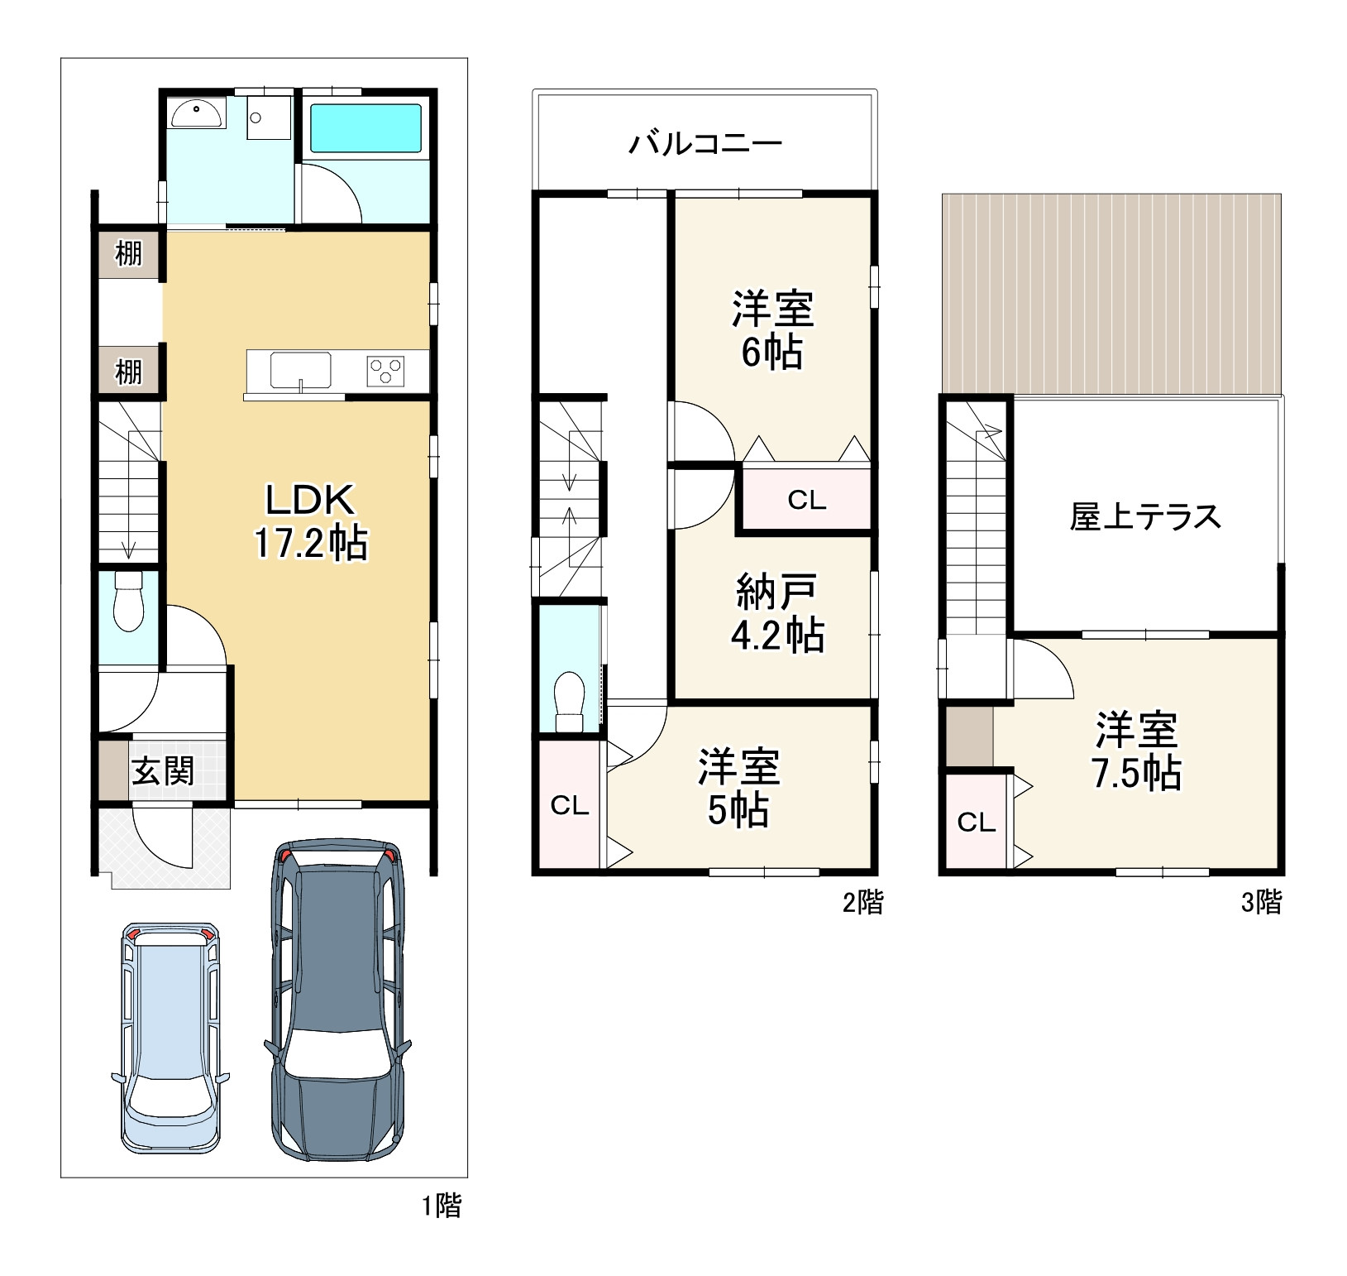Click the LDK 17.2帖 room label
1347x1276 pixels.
coord(310,522)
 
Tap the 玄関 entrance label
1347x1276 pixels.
coord(163,771)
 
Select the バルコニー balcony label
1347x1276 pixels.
coord(705,144)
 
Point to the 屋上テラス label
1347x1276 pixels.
coord(1145,516)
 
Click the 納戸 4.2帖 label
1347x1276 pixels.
coord(777,613)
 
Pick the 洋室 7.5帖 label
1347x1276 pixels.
coord(1137,751)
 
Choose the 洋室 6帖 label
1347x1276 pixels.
coord(772,329)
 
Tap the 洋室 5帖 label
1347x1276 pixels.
coord(738,788)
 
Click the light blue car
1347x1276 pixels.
coord(170,1039)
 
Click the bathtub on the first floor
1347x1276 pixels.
coord(365,127)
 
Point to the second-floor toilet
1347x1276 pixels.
coord(570,702)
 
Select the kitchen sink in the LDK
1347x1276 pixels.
coord(301,370)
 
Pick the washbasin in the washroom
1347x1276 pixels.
coord(197,113)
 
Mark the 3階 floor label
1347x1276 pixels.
coord(1262,902)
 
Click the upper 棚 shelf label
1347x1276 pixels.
coord(128,252)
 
